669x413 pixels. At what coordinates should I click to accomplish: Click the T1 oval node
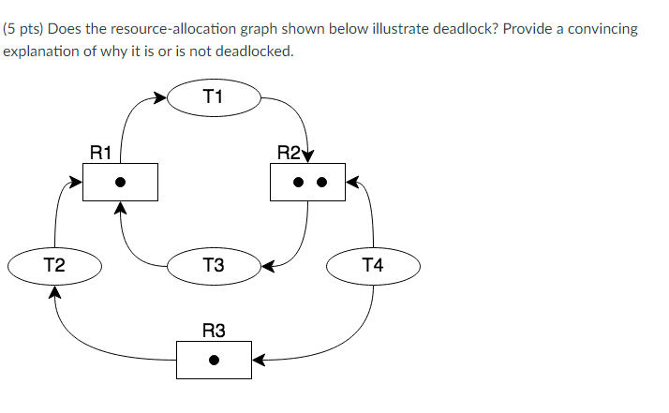click(214, 96)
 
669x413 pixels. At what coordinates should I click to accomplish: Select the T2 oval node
click(54, 265)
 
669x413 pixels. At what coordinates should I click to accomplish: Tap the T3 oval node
click(214, 265)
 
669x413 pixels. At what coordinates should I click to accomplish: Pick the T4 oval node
click(373, 265)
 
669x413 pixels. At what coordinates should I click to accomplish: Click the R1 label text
click(100, 151)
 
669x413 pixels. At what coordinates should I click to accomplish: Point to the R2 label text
click(290, 151)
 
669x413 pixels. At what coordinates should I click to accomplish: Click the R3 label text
click(214, 330)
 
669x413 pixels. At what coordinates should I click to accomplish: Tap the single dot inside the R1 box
click(120, 182)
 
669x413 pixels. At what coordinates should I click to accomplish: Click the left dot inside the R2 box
click(295, 182)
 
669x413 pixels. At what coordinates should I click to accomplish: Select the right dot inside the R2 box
click(320, 182)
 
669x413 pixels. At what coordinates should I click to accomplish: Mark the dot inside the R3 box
click(214, 359)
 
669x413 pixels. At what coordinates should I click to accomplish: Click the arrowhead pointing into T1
click(161, 96)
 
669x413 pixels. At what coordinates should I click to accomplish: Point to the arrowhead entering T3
click(267, 265)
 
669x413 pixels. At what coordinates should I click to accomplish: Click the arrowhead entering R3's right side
click(258, 359)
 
